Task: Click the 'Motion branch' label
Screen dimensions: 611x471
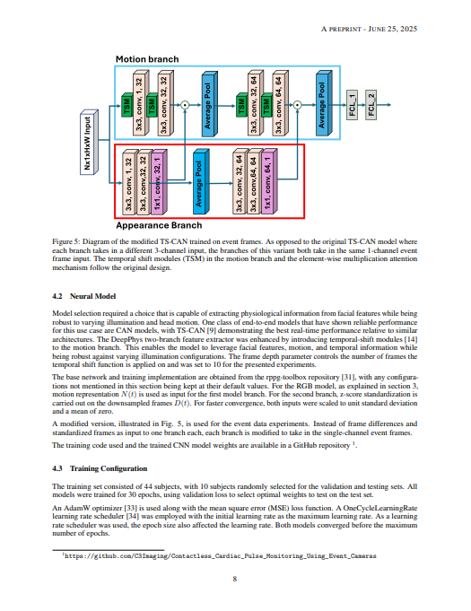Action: [x=147, y=59]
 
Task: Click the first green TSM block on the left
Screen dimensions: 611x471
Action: [x=126, y=109]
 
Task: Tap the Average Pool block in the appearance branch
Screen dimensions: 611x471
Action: [x=199, y=184]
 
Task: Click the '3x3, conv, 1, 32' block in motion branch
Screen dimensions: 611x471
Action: [x=140, y=106]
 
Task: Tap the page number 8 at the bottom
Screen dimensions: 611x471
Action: [x=235, y=578]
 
